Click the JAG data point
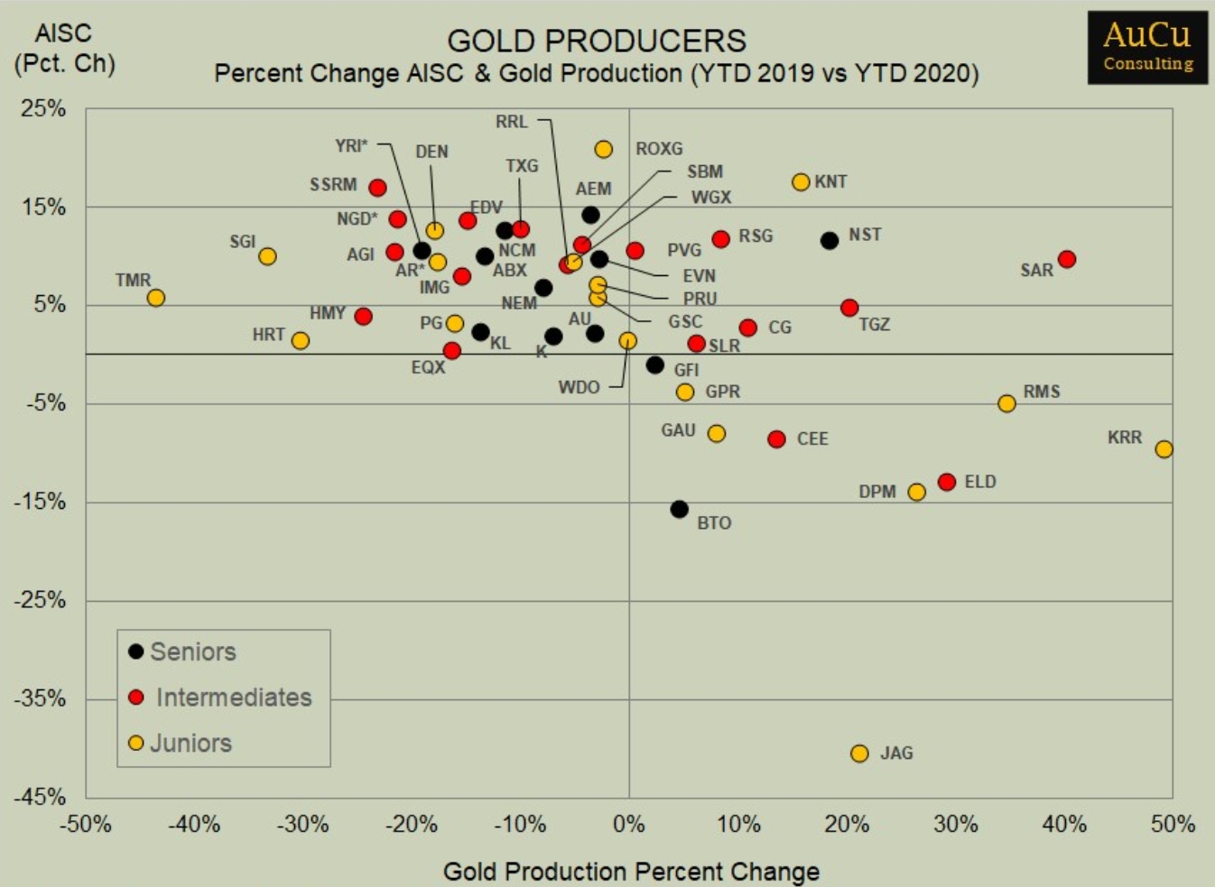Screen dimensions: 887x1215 (x=859, y=753)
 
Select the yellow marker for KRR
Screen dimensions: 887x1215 (x=1164, y=449)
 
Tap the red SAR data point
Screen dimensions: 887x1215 (x=1066, y=260)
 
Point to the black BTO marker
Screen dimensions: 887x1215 (x=680, y=510)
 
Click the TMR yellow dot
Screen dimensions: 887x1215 (x=156, y=298)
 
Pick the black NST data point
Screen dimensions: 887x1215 (x=830, y=241)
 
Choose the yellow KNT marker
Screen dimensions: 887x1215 (x=801, y=182)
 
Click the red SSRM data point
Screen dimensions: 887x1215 (x=378, y=188)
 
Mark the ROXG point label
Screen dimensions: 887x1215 (x=659, y=149)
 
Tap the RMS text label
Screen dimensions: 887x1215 (x=1042, y=392)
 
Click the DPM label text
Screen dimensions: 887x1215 (x=877, y=492)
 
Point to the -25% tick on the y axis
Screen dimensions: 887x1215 (x=40, y=600)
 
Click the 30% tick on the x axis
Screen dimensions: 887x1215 (x=956, y=824)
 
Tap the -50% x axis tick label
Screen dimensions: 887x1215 (x=86, y=824)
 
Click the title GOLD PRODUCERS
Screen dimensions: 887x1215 (x=597, y=41)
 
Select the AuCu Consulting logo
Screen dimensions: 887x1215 (x=1147, y=47)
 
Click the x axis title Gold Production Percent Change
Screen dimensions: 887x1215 (x=631, y=872)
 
